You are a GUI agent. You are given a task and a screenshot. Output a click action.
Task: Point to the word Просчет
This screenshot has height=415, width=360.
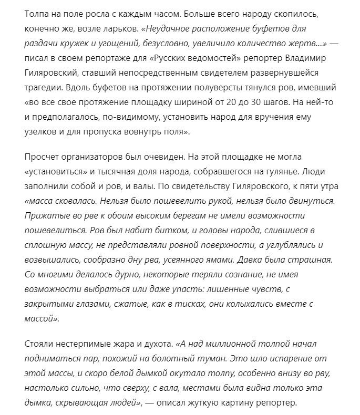pos(44,157)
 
